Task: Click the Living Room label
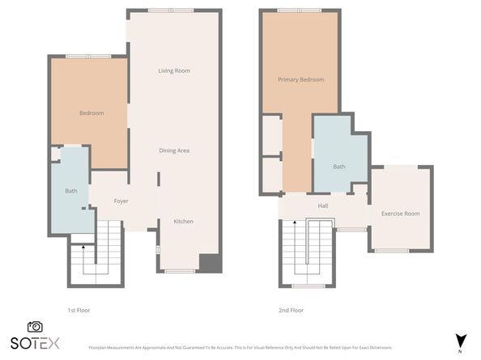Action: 173,71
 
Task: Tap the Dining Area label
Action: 173,150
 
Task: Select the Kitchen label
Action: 184,222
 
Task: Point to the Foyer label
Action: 121,201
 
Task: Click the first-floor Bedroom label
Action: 91,113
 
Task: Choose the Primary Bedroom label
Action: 300,79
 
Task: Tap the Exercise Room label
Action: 400,214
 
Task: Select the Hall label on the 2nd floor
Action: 322,206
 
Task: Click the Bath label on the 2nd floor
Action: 338,167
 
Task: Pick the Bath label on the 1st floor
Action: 71,192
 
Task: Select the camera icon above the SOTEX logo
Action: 35,327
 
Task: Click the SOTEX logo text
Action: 35,343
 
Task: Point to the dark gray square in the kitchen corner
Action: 209,264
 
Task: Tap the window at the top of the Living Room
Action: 170,10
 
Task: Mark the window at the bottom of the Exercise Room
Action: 391,251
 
